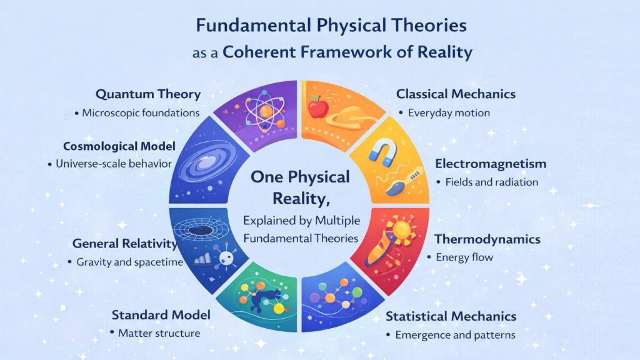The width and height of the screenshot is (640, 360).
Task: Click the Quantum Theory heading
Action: tap(148, 94)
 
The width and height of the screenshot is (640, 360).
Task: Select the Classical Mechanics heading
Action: tap(456, 94)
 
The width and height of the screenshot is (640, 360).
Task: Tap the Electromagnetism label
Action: tap(490, 164)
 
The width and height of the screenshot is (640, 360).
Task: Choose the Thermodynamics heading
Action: tap(487, 239)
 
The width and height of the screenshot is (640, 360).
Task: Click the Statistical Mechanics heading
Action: tap(451, 316)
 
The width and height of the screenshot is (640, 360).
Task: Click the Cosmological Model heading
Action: tap(119, 146)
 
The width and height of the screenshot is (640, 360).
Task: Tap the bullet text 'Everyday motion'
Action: tap(448, 113)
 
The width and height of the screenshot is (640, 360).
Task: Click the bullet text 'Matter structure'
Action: tap(159, 333)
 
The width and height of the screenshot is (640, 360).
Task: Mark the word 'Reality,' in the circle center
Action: tap(300, 199)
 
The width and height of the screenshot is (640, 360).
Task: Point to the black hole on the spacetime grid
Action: tap(201, 231)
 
